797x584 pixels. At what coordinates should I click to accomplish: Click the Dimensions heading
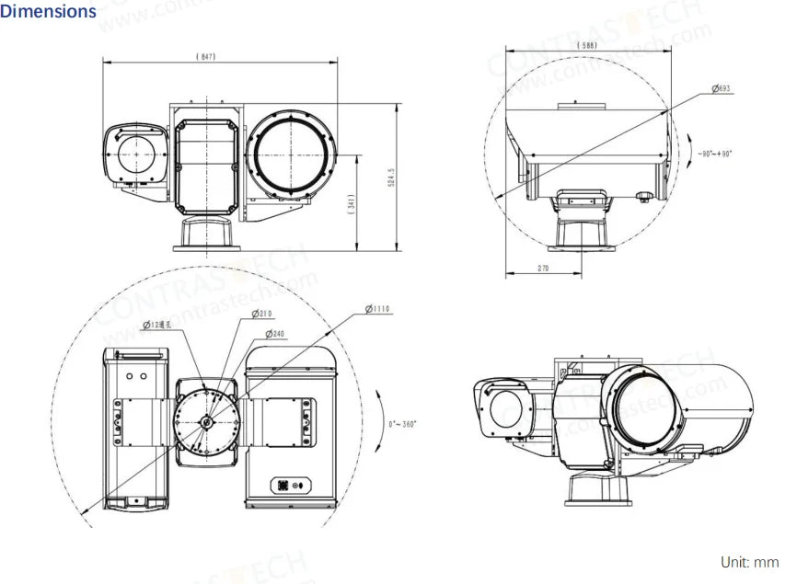[x=48, y=12]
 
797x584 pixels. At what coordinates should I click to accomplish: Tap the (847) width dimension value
[x=206, y=56]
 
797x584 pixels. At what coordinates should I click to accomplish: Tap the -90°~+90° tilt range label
[x=713, y=155]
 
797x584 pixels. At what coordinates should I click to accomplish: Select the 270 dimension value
[x=542, y=269]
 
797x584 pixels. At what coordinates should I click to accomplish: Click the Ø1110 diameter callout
[x=377, y=310]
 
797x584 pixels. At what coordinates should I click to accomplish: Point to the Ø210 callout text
[x=264, y=315]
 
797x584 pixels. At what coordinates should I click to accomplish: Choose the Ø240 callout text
[x=274, y=333]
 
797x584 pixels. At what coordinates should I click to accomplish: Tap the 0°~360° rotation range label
[x=402, y=424]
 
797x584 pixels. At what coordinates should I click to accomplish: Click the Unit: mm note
[x=750, y=562]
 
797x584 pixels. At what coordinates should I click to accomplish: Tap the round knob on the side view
[x=646, y=196]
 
